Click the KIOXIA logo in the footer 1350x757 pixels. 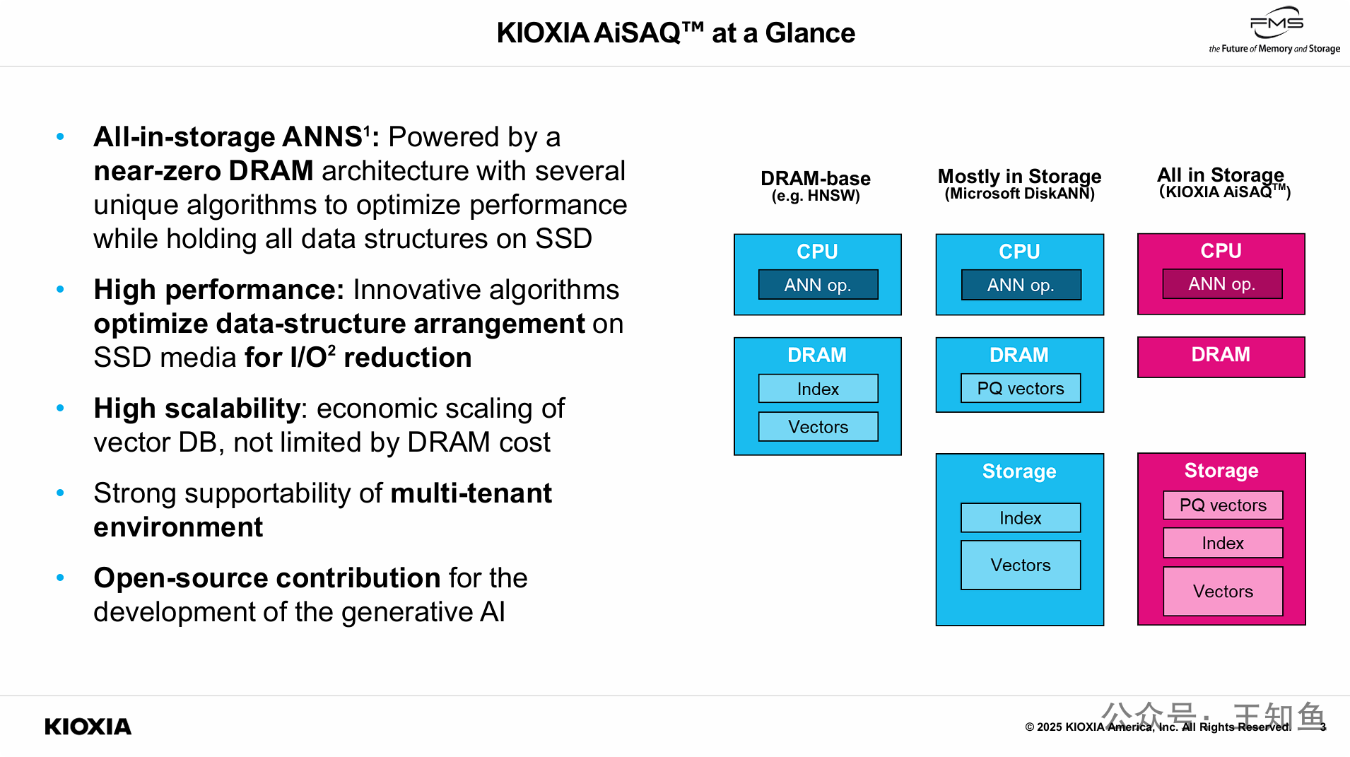tap(88, 727)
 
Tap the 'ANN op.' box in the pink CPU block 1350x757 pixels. tap(1222, 284)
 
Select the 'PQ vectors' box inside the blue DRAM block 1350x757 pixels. tap(1021, 388)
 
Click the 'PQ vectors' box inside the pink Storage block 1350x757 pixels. tap(1223, 505)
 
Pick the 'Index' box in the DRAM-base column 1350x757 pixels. tap(818, 389)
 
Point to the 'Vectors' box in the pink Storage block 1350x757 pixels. tap(1223, 592)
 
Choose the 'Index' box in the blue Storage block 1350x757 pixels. tap(1021, 518)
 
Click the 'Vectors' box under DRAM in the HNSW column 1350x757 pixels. tap(818, 427)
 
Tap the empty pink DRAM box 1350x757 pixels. tap(1221, 357)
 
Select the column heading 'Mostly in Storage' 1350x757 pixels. tap(1019, 176)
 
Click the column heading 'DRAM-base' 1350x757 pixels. tap(816, 178)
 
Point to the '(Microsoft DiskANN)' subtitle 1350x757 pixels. tap(1019, 194)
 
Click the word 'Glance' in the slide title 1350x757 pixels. tap(810, 33)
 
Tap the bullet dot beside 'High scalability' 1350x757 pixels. tap(61, 408)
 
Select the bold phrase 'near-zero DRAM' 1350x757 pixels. tap(204, 171)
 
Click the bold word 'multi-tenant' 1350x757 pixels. tap(471, 493)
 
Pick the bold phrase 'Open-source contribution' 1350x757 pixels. tap(267, 578)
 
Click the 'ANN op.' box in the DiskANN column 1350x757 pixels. tap(1021, 285)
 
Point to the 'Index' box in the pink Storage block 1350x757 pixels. tap(1223, 543)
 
